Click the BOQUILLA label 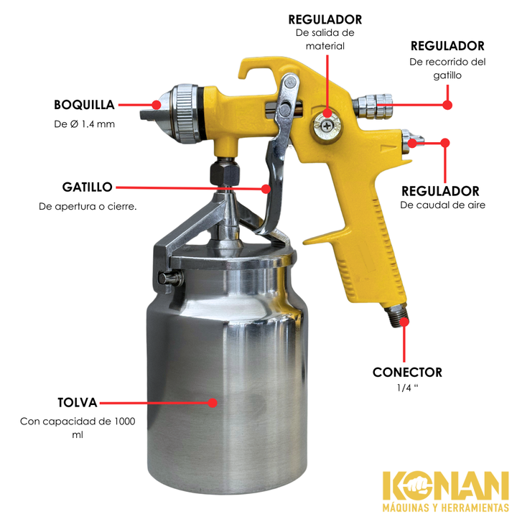[84, 105]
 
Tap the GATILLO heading [88, 187]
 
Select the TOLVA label [77, 403]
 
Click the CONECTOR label [407, 372]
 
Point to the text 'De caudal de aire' [443, 205]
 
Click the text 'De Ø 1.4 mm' [85, 124]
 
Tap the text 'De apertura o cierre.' [88, 206]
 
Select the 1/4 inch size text [407, 388]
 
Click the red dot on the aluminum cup [213, 403]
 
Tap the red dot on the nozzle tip [157, 105]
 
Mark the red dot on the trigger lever [266, 189]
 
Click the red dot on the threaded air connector [404, 322]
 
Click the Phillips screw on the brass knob [327, 126]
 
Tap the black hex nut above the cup [225, 174]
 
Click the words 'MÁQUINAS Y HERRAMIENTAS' [445, 507]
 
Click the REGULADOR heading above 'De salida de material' [325, 19]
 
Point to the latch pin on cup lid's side [169, 278]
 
